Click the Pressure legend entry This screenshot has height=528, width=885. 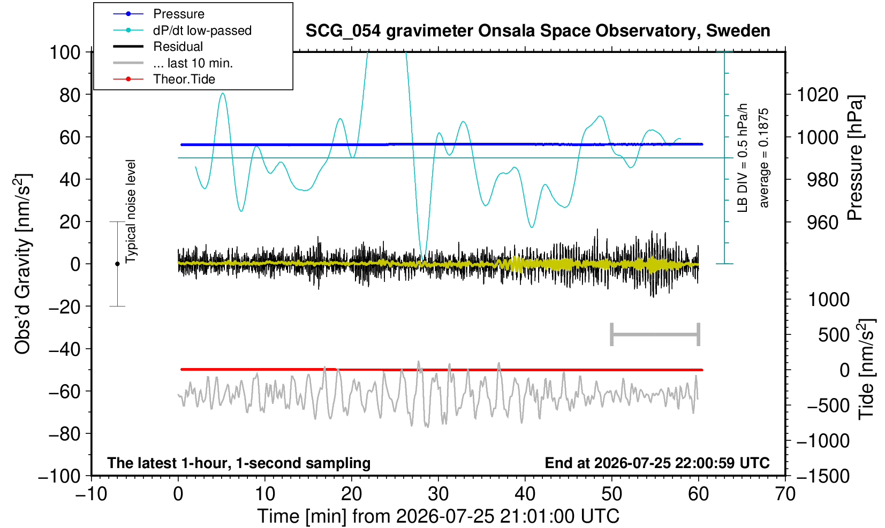[159, 14]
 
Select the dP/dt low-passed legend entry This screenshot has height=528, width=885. [182, 30]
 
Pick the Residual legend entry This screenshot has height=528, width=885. [158, 47]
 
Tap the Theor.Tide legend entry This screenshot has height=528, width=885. [164, 79]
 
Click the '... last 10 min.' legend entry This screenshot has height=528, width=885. [173, 63]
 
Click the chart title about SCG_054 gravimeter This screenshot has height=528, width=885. [538, 30]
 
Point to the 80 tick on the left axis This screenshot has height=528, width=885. [70, 95]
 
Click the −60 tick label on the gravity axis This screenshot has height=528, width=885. [64, 392]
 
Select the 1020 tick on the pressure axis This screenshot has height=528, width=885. [818, 95]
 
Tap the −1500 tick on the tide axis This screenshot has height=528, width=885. [823, 476]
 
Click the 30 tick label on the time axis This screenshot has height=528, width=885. [438, 494]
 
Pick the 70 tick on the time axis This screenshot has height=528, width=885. [785, 494]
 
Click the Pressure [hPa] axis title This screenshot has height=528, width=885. [856, 158]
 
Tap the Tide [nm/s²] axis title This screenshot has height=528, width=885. [866, 370]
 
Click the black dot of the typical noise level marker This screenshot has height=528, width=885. [117, 264]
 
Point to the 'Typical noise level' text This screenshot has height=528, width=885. [131, 212]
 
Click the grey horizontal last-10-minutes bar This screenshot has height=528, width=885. [655, 334]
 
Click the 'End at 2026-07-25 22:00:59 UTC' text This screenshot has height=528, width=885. [657, 463]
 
